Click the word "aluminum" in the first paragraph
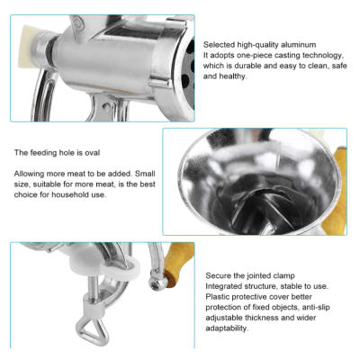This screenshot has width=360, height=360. (x=298, y=45)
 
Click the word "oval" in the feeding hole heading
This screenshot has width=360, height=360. (x=92, y=153)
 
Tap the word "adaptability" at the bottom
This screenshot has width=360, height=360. (x=227, y=328)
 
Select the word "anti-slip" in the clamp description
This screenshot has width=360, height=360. (x=316, y=308)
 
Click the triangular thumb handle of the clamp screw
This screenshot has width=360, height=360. (x=93, y=331)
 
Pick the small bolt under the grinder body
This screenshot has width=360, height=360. (x=105, y=106)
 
